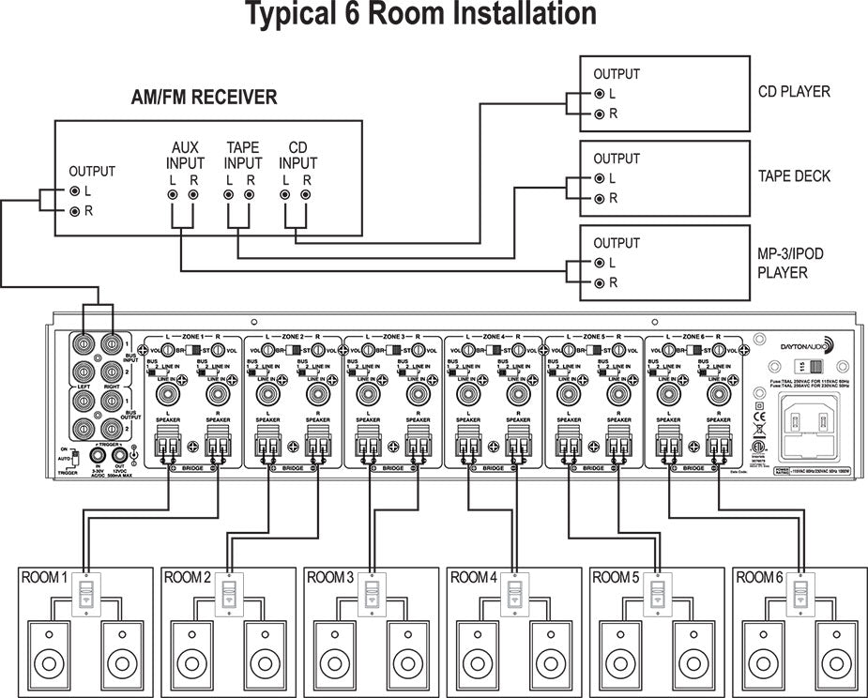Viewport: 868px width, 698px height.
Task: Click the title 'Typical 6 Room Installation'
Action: pos(421,14)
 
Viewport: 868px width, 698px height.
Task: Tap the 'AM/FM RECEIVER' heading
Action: pos(204,98)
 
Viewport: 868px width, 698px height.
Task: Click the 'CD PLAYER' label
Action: pos(794,92)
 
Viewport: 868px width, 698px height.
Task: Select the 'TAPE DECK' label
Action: pos(793,176)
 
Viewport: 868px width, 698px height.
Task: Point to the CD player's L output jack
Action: pos(598,94)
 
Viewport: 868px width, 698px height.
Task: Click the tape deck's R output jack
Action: pos(598,198)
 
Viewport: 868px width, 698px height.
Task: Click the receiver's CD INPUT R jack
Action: pos(305,194)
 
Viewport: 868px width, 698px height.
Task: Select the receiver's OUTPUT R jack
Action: pos(74,211)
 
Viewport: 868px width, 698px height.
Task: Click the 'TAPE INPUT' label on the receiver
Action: pos(243,156)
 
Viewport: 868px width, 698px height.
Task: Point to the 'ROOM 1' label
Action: pos(44,577)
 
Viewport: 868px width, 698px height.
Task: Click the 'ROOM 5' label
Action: pos(616,577)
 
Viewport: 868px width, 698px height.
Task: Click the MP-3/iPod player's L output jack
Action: pos(598,263)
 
